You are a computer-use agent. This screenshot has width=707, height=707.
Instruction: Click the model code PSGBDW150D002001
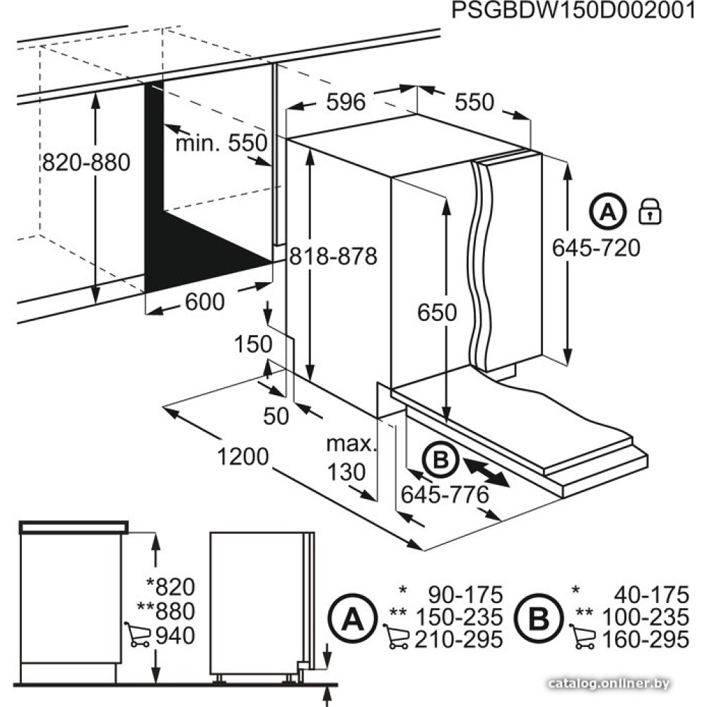click(574, 11)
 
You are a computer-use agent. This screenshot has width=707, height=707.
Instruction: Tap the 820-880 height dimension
click(86, 163)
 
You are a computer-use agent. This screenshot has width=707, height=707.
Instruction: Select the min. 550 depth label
click(221, 144)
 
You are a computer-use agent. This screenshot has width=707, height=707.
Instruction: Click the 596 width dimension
click(346, 102)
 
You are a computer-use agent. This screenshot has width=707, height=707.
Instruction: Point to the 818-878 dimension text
click(333, 256)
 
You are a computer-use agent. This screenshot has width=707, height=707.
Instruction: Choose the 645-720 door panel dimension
click(596, 248)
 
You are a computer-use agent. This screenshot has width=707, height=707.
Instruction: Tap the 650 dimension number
click(437, 312)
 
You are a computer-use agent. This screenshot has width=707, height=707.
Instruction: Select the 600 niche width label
click(205, 302)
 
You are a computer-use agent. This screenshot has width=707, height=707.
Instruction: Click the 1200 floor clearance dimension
click(243, 456)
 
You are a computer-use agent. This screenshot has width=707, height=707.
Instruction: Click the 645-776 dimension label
click(445, 495)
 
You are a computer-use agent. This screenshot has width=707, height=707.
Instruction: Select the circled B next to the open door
click(440, 460)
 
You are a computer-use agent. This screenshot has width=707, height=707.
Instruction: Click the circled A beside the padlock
click(608, 211)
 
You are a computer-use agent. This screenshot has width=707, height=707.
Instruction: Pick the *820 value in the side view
click(171, 587)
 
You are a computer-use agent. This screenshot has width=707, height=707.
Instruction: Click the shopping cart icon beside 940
click(138, 634)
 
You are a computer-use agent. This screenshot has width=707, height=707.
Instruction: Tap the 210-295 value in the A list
click(459, 639)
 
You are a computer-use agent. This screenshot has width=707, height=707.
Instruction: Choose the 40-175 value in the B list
click(652, 595)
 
